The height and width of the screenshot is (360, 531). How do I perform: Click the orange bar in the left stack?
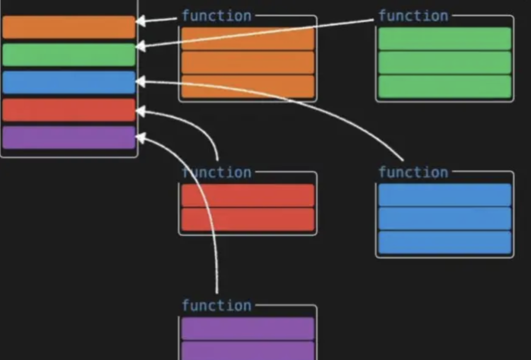click(69, 27)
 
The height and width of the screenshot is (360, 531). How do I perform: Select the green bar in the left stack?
click(69, 55)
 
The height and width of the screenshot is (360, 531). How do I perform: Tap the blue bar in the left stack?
click(69, 82)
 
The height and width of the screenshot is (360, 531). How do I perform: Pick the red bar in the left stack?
click(69, 110)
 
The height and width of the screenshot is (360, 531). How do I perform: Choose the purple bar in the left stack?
click(69, 138)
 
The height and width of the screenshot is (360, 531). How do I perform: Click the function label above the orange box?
click(217, 16)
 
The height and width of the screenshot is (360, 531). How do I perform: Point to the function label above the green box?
click(413, 16)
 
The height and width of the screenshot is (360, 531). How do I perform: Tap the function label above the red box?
click(217, 173)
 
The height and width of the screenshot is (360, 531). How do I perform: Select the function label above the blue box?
click(413, 173)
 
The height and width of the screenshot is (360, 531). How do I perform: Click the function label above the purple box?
click(217, 305)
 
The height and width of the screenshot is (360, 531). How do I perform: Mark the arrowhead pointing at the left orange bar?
click(141, 21)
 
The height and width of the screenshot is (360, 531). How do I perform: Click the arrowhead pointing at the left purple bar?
click(141, 138)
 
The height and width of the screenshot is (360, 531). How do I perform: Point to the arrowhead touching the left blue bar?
click(141, 81)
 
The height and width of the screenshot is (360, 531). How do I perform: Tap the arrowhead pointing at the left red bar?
click(141, 111)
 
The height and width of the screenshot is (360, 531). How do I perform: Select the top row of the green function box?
click(444, 39)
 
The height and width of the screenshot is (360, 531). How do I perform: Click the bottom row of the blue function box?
click(444, 242)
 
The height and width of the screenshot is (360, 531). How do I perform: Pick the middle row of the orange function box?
click(248, 62)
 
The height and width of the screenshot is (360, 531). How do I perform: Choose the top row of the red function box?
click(248, 195)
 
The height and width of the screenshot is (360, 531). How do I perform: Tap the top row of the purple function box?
click(248, 329)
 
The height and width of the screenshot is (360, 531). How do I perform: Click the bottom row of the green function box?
click(444, 87)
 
